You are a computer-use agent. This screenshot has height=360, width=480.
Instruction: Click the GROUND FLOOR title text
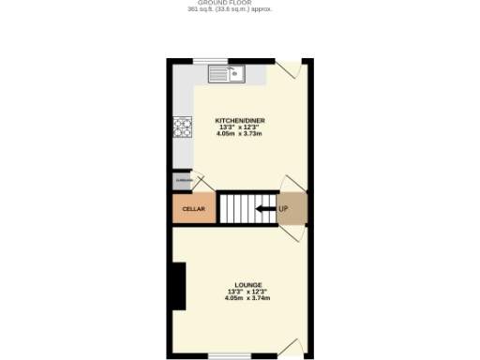(x=232, y=3)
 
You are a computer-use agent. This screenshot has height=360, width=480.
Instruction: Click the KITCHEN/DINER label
(x=239, y=121)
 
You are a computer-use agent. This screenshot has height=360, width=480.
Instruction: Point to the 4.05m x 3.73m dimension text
(x=239, y=134)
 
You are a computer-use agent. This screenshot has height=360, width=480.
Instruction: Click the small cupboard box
(x=182, y=180)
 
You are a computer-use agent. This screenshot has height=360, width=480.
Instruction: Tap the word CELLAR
(x=193, y=209)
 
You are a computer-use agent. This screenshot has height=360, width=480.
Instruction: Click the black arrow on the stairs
(x=264, y=208)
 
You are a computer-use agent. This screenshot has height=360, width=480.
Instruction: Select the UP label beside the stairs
(x=283, y=208)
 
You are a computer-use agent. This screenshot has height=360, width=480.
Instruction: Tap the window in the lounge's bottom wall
(x=229, y=354)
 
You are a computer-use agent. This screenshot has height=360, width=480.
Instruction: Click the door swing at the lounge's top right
(x=293, y=235)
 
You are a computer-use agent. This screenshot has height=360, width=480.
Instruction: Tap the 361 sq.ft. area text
(x=232, y=9)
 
